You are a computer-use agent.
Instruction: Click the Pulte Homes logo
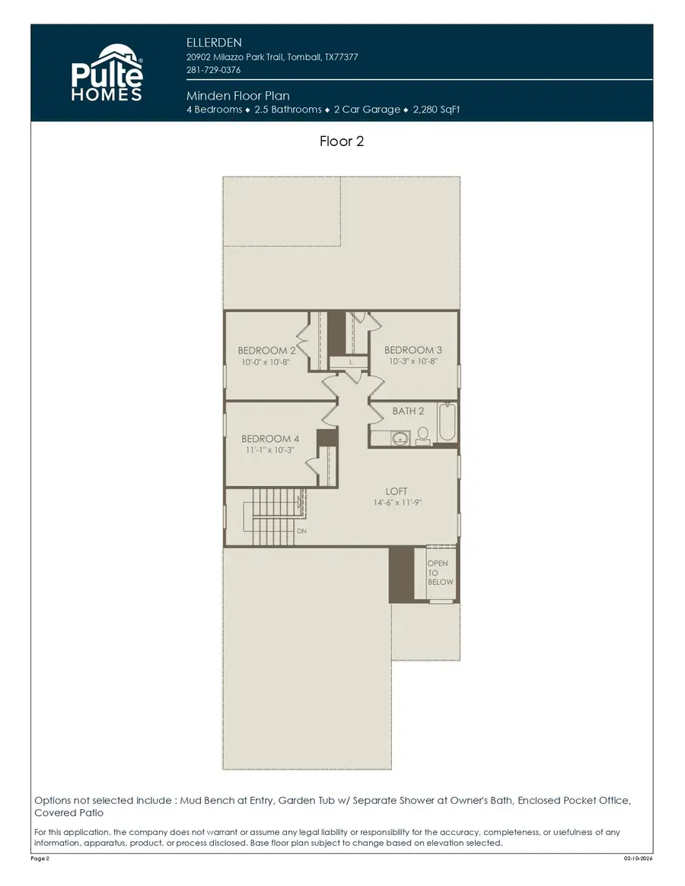coord(107,73)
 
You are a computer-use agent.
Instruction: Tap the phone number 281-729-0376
coord(213,70)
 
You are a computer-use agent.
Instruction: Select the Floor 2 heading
coord(342,141)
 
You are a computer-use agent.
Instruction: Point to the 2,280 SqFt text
coord(436,110)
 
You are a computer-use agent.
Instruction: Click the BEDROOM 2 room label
coord(266,351)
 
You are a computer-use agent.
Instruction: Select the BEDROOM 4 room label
coord(270,439)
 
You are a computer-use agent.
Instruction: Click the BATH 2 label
coord(408,411)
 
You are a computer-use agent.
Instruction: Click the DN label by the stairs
coord(301,531)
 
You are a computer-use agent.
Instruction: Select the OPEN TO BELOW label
coord(440,573)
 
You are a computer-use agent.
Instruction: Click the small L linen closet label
coord(351,363)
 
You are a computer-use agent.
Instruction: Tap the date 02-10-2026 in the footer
coord(637,859)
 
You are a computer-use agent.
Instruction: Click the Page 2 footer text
coord(40,859)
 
